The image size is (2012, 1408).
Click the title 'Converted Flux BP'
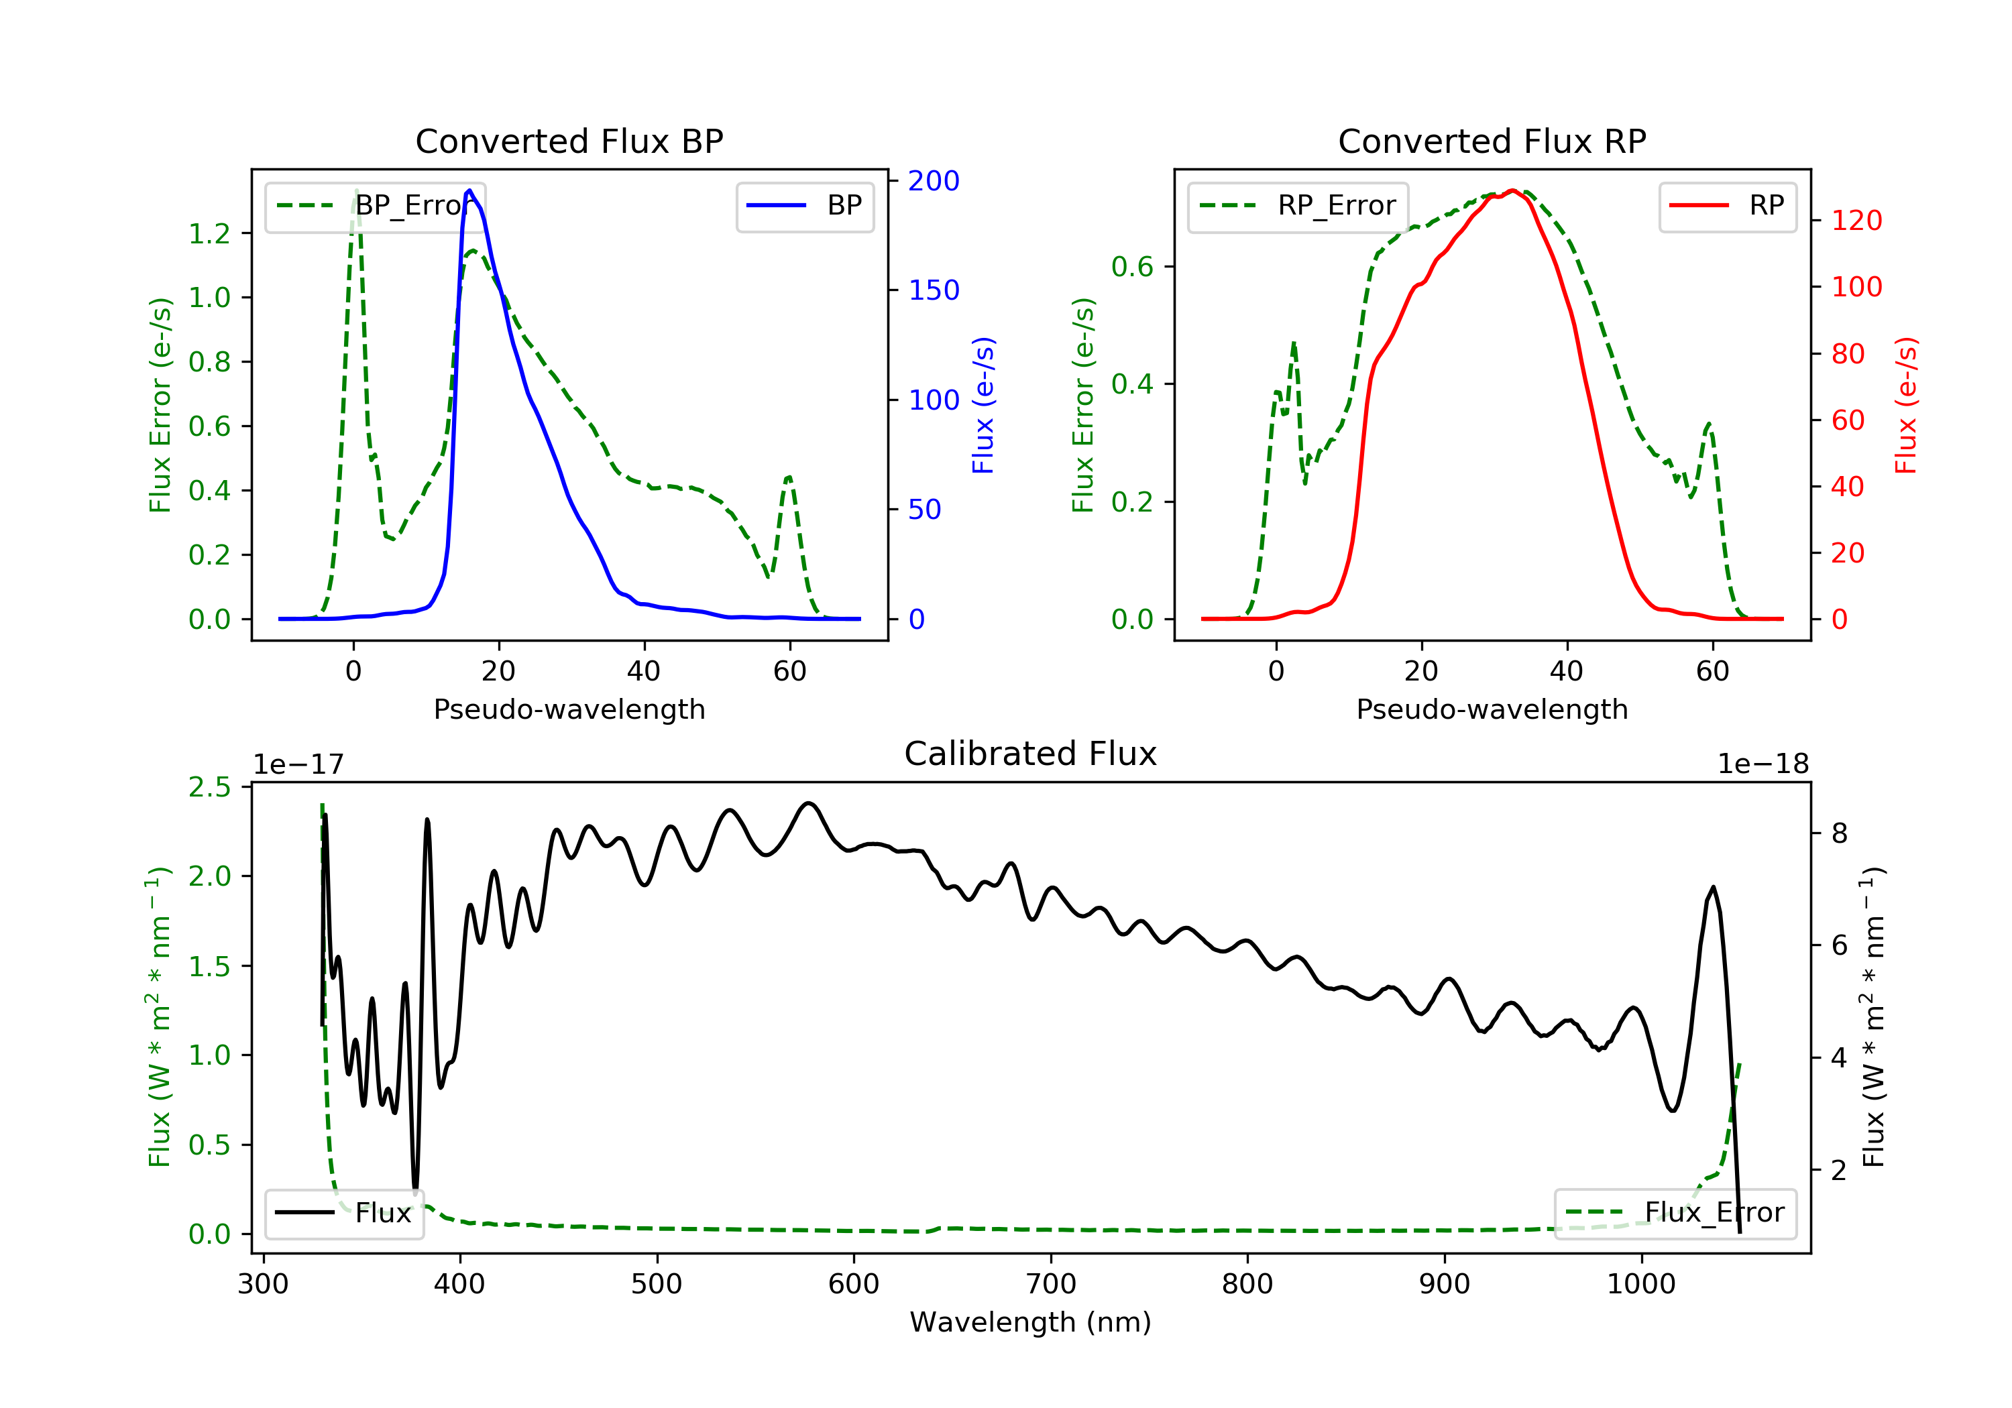(569, 141)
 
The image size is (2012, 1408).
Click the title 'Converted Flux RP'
(1492, 141)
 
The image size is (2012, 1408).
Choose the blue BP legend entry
(804, 206)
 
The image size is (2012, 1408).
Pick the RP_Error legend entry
(1298, 206)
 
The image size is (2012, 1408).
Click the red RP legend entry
(1726, 206)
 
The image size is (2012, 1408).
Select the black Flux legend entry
(345, 1213)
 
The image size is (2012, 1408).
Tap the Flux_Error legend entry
(1675, 1213)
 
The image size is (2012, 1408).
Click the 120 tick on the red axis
(1856, 220)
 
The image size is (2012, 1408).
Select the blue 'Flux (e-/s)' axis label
(983, 405)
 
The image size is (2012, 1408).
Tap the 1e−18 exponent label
(1763, 764)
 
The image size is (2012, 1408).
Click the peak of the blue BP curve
(469, 190)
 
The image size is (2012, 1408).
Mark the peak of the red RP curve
(1512, 190)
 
